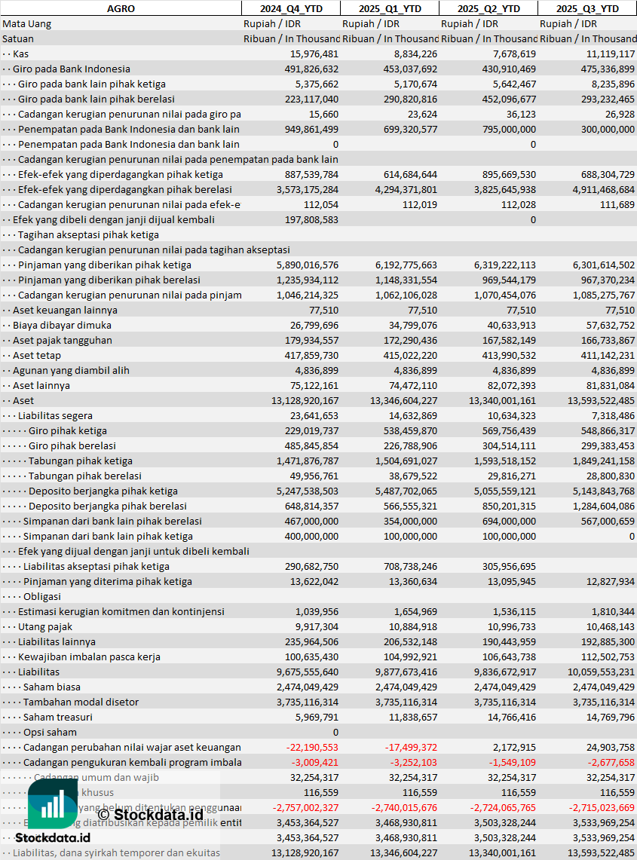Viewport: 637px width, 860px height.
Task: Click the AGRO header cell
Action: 121,8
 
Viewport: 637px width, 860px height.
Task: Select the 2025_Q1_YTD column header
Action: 389,8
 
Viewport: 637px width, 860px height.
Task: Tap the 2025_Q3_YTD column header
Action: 587,8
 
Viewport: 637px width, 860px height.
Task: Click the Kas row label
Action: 21,54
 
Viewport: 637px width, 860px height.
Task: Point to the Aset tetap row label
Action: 37,355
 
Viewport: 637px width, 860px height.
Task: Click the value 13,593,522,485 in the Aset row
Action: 601,400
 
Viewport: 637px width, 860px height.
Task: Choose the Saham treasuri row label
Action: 58,717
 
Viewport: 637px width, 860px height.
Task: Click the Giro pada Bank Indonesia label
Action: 71,69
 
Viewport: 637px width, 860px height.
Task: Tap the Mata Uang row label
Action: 27,23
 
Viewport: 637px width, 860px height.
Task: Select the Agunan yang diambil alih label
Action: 71,370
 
